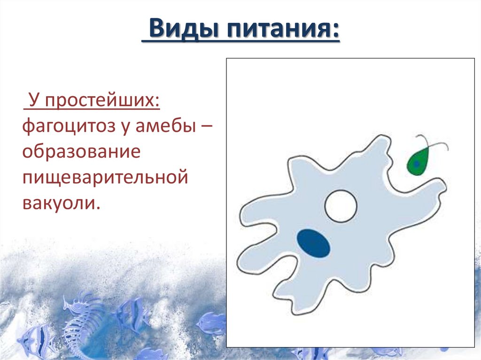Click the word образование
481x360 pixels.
coord(81,153)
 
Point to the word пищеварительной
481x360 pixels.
coord(105,179)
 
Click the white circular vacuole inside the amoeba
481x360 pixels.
coord(341,206)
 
